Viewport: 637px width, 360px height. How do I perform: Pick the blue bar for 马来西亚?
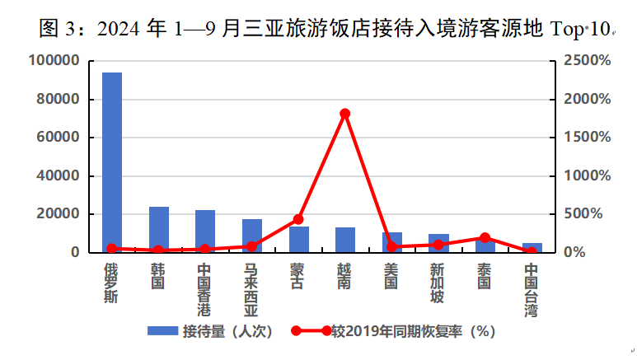(251, 236)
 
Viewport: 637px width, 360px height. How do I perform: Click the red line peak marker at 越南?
(344, 114)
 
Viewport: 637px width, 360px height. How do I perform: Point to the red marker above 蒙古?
(298, 219)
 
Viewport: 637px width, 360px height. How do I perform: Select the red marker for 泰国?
(485, 238)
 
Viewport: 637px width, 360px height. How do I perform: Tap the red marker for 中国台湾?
(532, 250)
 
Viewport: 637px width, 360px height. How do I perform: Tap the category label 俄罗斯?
(111, 282)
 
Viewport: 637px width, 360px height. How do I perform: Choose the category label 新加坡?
(438, 282)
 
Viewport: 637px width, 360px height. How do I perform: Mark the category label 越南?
(344, 276)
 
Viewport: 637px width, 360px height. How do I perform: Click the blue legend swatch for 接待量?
(163, 331)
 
